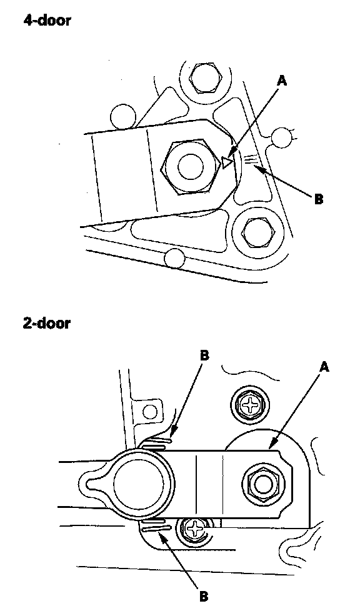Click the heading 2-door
click(47, 324)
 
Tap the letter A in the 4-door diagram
click(282, 81)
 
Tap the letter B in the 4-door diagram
click(319, 199)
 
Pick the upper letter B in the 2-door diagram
click(204, 356)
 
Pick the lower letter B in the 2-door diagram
click(204, 597)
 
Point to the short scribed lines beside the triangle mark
click(251, 159)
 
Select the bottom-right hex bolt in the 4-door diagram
click(257, 234)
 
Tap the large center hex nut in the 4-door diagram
click(191, 167)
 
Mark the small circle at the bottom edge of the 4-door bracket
click(175, 259)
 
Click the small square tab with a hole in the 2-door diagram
click(149, 412)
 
